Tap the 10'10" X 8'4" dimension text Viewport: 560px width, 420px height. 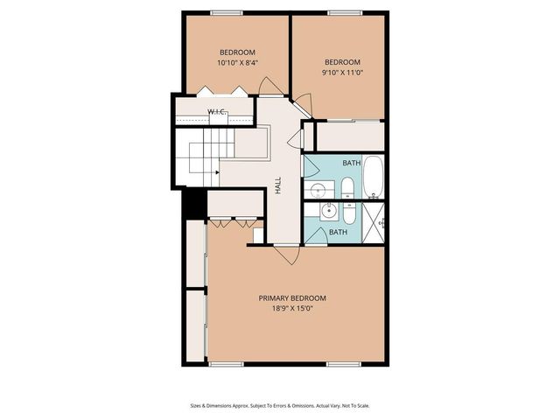click(236, 63)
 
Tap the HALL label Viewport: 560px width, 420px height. click(278, 185)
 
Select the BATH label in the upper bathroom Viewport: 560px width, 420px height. click(352, 164)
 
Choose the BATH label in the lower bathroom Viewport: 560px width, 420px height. click(338, 232)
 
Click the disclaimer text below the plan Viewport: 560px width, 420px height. click(279, 405)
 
